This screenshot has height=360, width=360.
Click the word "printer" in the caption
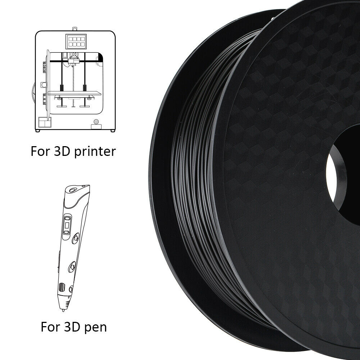[95, 152]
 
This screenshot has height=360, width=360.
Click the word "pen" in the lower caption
[95, 327]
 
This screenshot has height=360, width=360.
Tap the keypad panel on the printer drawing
[76, 41]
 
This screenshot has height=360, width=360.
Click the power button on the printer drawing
[96, 121]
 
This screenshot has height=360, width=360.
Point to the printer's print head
[73, 62]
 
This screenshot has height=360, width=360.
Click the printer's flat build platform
[75, 93]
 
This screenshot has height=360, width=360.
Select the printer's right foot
[112, 131]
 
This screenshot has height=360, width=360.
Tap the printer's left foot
[37, 131]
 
